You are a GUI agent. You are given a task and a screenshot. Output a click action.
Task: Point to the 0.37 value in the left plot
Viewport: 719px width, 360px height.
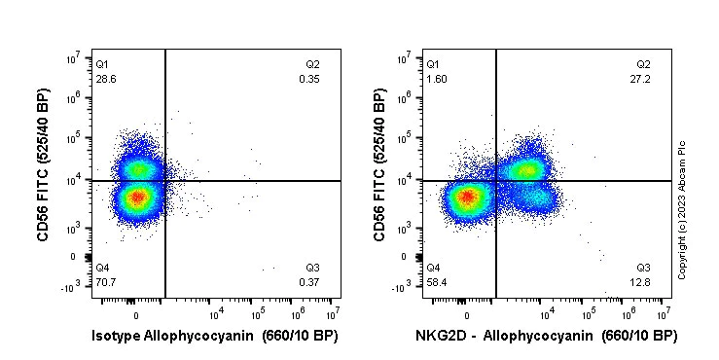coord(309,282)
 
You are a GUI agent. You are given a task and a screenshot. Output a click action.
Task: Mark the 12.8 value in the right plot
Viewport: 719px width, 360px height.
coord(642,282)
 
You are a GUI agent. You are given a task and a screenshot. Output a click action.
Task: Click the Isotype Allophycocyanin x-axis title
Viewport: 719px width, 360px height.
coord(216,337)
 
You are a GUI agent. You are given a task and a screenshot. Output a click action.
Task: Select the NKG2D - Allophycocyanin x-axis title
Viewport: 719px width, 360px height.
coord(546,337)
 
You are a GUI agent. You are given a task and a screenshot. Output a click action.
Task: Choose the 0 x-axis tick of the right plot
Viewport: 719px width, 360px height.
coord(467,315)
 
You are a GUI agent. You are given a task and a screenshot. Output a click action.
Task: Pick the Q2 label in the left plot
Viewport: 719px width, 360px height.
coord(311,64)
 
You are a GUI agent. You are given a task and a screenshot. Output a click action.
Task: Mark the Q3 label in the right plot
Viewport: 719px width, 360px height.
coord(643,268)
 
